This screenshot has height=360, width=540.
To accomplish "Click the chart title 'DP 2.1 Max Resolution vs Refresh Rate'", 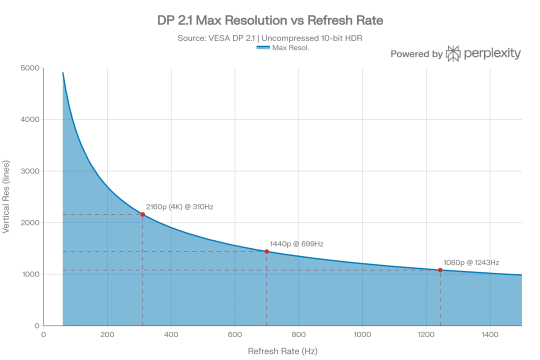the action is tap(270, 20).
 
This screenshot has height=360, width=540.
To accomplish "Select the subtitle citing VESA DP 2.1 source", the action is tap(270, 38).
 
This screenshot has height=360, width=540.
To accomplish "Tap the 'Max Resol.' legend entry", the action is tap(282, 47).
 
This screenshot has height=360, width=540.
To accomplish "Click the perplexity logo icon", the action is tap(453, 53).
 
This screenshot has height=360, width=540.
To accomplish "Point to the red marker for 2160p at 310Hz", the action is tap(142, 214).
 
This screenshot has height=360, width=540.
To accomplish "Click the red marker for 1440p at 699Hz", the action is tap(266, 252).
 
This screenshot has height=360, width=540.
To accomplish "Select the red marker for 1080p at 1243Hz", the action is tap(440, 270).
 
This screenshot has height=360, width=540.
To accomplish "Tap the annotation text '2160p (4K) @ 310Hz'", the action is tap(180, 206).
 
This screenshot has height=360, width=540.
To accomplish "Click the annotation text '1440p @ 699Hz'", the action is tap(296, 244).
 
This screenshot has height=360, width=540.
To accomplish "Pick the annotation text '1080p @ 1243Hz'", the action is tap(471, 262).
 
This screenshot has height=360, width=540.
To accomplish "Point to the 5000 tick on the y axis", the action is tap(30, 68).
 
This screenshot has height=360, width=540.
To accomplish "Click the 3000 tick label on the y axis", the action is tap(30, 171).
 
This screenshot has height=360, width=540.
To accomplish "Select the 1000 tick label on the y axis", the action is tap(31, 274).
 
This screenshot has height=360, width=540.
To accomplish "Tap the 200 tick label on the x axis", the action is tap(107, 334).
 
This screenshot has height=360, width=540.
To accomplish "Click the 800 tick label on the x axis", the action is tap(298, 334).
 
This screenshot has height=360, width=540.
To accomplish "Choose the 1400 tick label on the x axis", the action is tap(489, 334).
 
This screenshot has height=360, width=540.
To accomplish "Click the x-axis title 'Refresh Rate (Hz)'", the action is tap(282, 351).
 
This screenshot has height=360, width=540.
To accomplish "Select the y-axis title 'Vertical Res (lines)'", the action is tap(6, 196).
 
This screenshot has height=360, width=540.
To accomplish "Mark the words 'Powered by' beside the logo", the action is tap(416, 54).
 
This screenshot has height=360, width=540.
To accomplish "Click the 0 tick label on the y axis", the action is tap(37, 325).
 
